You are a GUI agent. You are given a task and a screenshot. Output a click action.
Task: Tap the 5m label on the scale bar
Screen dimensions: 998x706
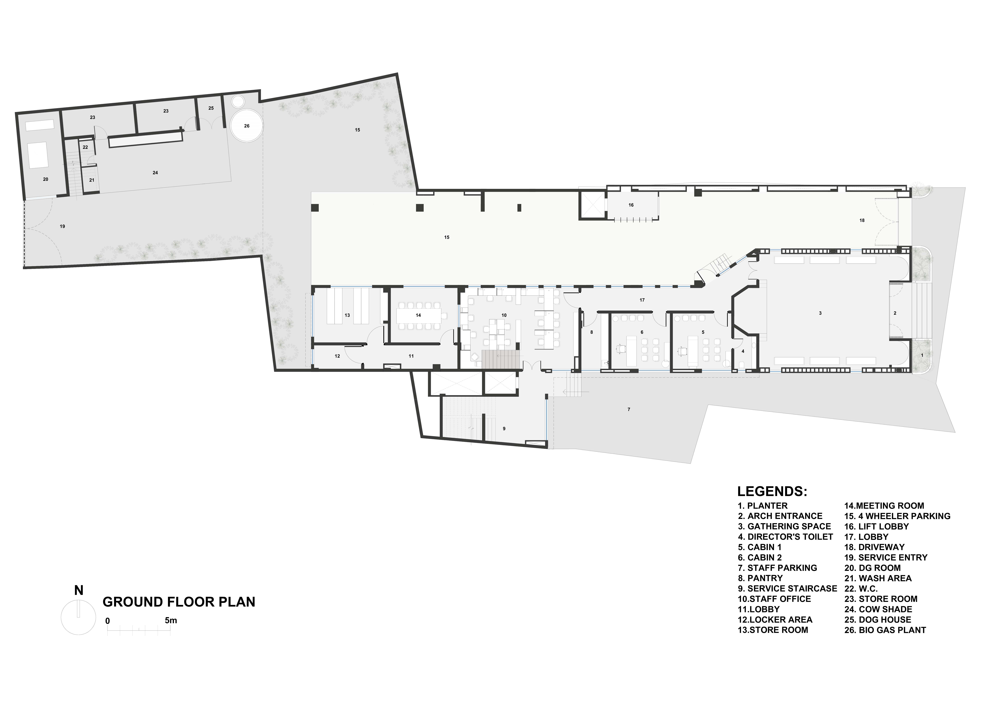coord(171,620)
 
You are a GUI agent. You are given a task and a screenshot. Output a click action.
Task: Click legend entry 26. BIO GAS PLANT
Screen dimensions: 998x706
coord(885,630)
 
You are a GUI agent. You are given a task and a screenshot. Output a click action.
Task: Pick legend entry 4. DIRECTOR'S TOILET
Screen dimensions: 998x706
coord(785,537)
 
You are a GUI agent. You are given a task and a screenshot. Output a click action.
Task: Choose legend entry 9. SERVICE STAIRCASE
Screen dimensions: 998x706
coord(787,589)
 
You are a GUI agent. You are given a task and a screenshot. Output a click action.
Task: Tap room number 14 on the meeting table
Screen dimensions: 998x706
coord(418,315)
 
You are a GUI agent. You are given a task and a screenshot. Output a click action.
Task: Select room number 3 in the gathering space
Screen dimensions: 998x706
coord(820,313)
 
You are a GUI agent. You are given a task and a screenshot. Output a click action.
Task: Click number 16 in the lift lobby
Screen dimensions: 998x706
coord(631,205)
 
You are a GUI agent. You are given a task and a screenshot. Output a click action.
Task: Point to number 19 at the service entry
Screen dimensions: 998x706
coord(63,226)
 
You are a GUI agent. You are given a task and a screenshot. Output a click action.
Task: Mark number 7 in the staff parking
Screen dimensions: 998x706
coord(629,410)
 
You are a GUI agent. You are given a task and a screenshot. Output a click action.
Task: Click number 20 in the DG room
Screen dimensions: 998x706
coord(46,179)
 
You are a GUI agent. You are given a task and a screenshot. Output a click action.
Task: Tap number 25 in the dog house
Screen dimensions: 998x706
coord(211,108)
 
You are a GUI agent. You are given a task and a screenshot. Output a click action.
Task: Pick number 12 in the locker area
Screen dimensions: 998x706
coord(337,356)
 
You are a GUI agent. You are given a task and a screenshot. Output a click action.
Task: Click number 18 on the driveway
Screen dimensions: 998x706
coord(862,220)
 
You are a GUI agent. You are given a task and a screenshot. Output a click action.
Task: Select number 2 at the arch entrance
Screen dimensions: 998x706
coord(895,313)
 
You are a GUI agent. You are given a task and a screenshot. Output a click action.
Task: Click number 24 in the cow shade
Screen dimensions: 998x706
coord(155,173)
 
